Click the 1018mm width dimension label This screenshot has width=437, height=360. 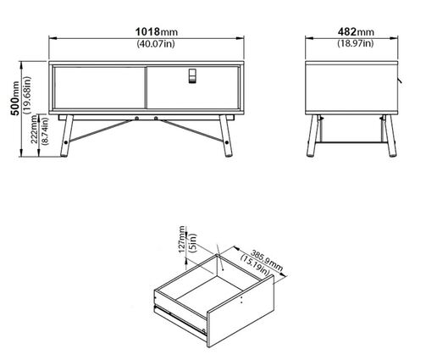coord(157,31)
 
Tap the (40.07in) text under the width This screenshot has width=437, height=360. coord(156,43)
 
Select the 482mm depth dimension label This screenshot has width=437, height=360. coord(356,31)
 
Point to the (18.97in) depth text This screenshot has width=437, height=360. coord(356,43)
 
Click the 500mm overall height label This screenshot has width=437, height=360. coord(15,98)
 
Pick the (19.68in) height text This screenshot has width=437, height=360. coord(27,95)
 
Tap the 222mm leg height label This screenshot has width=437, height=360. coord(34,130)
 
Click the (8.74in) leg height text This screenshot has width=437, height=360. coord(45,131)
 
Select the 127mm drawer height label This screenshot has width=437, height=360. coord(182,240)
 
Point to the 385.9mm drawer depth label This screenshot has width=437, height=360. coord(267,260)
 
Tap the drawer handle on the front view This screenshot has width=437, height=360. coord(192,75)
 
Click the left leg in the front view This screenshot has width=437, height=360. coord(67,136)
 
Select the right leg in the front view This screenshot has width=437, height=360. coord(226,136)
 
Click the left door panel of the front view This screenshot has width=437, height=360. coord(99,87)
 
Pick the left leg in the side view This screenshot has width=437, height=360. coord(313,136)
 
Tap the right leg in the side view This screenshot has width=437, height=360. coord(390,136)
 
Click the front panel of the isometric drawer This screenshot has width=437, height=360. coord(241,311)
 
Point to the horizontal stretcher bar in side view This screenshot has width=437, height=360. coord(351,142)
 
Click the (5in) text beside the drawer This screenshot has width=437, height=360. coord(193,243)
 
